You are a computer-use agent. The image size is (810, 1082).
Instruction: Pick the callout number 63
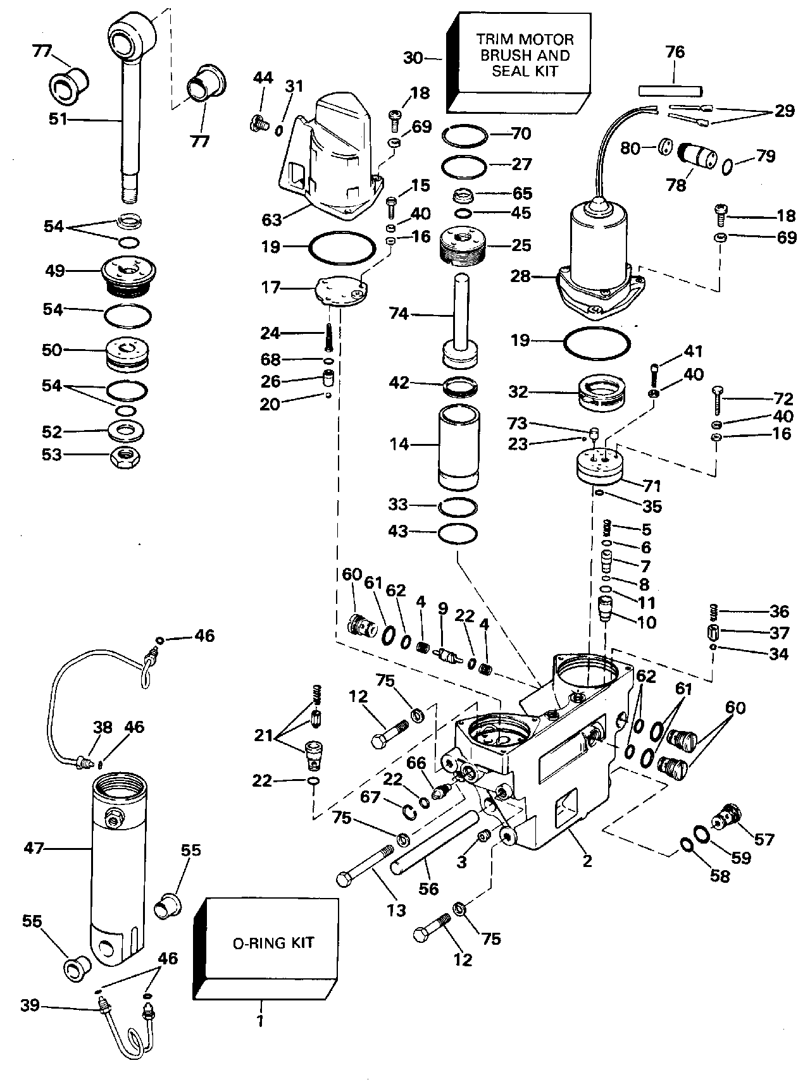tap(271, 219)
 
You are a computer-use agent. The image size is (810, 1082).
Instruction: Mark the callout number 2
tap(587, 860)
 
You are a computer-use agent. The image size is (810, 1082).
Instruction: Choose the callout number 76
tap(675, 52)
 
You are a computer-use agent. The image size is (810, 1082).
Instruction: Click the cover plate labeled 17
tap(342, 292)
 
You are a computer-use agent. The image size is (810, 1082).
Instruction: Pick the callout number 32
tap(518, 392)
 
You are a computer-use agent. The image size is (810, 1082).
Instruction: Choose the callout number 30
tap(413, 58)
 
